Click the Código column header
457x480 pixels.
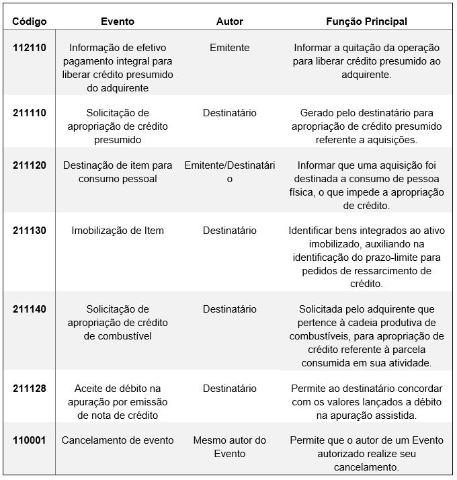pos(30,22)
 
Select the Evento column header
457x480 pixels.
pos(118,22)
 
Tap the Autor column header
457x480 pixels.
pos(230,22)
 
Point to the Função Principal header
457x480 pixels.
pos(366,22)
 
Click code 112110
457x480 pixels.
pos(30,48)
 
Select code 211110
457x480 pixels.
pos(30,113)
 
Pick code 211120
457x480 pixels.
pos(30,165)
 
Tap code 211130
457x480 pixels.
pos(30,231)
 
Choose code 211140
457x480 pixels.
pos(30,309)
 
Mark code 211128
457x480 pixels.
pos(30,389)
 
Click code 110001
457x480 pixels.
pos(30,440)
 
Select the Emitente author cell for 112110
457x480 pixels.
pos(230,48)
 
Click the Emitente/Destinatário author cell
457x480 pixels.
pos(230,172)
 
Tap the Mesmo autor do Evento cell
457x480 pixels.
pos(230,447)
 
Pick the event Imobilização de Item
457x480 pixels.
pos(118,231)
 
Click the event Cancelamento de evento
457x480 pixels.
pos(118,440)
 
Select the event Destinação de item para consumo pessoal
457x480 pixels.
pos(118,172)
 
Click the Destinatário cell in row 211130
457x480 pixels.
pos(230,231)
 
